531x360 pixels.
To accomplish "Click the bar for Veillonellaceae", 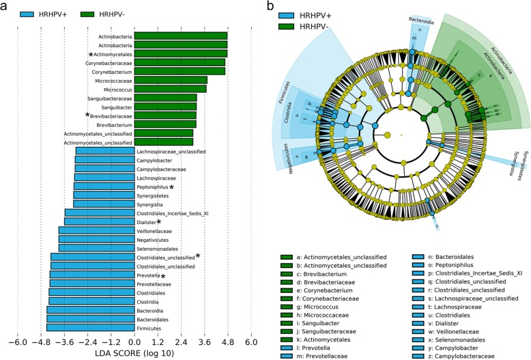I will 96,230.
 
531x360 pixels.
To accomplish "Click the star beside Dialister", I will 159,221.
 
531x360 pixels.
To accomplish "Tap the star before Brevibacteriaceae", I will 87,115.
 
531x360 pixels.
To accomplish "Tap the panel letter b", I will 272,6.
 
